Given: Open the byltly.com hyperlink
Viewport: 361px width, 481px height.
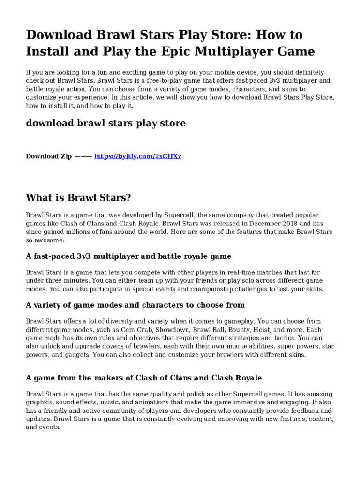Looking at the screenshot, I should [138, 156].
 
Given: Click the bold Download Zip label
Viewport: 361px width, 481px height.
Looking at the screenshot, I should [49, 156].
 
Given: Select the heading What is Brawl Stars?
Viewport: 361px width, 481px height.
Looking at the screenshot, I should [78, 198].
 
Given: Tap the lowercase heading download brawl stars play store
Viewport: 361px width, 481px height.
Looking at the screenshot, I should [105, 123].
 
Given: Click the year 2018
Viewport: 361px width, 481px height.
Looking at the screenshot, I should [289, 224].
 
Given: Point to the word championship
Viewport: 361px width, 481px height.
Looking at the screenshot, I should [199, 289].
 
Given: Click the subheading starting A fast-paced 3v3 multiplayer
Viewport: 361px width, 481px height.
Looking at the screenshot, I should [128, 256].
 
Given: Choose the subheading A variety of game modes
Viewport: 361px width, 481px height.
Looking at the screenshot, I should [135, 305].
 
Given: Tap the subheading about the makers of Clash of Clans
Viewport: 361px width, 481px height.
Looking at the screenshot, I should [143, 378].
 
